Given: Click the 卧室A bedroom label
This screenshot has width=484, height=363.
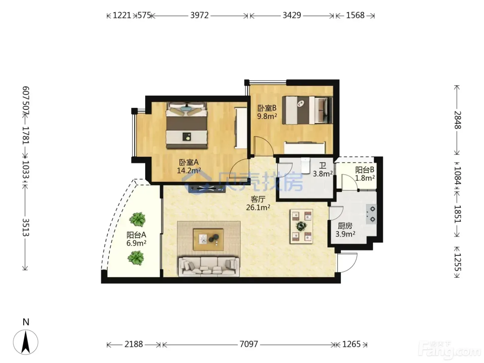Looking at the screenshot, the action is (x=188, y=162).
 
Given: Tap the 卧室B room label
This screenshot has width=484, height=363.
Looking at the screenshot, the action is (x=267, y=108).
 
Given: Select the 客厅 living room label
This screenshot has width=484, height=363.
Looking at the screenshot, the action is (x=258, y=199).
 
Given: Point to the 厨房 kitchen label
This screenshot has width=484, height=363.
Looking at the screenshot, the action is (x=345, y=226).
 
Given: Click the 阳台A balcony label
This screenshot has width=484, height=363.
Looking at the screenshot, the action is (x=136, y=235).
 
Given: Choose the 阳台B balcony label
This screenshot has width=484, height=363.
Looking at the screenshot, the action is (x=364, y=170).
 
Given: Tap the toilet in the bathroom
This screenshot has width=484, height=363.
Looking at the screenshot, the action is (x=305, y=165).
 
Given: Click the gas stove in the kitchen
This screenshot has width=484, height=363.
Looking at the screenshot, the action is (x=371, y=214).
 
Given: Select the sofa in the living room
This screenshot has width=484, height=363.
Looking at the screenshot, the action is (x=209, y=266).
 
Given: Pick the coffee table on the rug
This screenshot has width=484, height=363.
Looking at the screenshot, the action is (x=208, y=240).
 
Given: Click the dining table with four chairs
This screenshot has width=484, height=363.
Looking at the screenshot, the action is (x=301, y=226).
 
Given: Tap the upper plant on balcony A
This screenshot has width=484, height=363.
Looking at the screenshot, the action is (x=138, y=220).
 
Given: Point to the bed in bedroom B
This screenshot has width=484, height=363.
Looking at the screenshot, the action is (x=307, y=110).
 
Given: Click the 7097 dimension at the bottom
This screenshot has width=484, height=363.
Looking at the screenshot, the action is (x=249, y=344).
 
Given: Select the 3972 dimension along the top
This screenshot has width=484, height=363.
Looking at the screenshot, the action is (x=199, y=15).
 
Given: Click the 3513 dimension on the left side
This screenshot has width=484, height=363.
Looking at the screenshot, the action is (x=26, y=227).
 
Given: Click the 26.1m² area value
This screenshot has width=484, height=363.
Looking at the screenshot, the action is (x=258, y=207).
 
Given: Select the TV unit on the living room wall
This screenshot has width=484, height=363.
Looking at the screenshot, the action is (x=207, y=188).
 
